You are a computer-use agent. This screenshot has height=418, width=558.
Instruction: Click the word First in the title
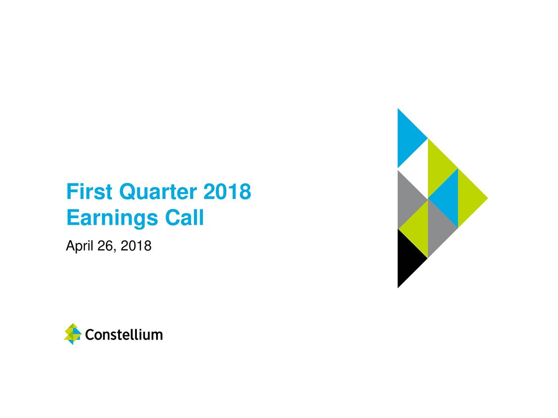coord(89,191)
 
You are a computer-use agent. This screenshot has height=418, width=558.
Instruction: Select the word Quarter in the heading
coord(158,192)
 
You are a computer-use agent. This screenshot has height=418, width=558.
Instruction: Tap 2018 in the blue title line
coord(227,191)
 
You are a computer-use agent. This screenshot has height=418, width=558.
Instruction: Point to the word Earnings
coord(112,218)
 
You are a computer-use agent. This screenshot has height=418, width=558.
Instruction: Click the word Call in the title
coord(184,217)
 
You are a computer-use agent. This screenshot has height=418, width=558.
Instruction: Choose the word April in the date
coord(79,246)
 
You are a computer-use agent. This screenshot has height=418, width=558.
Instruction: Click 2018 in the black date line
coord(136,246)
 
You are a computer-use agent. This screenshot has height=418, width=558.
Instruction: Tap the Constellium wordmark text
coord(124,335)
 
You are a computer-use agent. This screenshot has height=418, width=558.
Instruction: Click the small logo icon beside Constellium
coord(73,334)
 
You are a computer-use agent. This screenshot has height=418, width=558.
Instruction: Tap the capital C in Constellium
coord(90,335)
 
